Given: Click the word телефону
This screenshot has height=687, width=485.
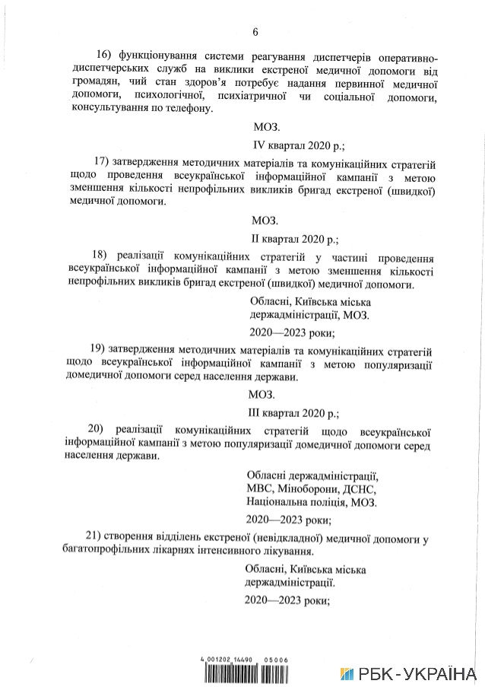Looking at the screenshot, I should pos(189,108).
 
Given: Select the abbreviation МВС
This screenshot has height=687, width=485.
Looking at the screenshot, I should pos(260,488).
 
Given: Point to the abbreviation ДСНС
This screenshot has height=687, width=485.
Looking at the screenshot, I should pos(359,488).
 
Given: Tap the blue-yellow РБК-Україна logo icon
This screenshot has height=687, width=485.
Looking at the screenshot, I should pos(347,674).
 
